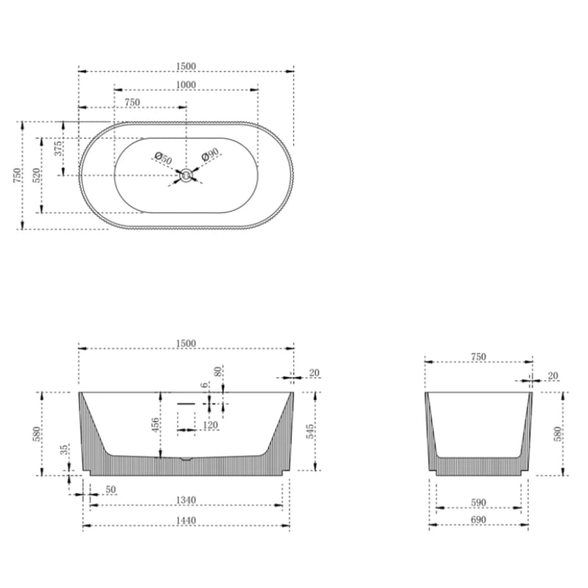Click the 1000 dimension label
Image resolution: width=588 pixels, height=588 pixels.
pyautogui.click(x=186, y=85)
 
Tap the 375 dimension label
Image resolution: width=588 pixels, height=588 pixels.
pyautogui.click(x=58, y=154)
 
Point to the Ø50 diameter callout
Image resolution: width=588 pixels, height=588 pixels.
pyautogui.click(x=163, y=158)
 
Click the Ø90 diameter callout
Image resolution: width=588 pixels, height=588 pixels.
pyautogui.click(x=211, y=154)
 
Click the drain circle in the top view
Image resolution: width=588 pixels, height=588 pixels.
pyautogui.click(x=187, y=174)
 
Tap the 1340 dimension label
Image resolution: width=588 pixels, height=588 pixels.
pyautogui.click(x=186, y=500)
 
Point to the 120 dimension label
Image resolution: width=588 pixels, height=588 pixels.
pyautogui.click(x=209, y=426)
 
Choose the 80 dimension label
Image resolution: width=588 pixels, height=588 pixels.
pyautogui.click(x=218, y=371)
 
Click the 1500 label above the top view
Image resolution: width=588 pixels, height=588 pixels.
pyautogui.click(x=186, y=65)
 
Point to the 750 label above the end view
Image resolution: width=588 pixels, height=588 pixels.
pyautogui.click(x=478, y=356)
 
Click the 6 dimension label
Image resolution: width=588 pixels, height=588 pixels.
pyautogui.click(x=204, y=384)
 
